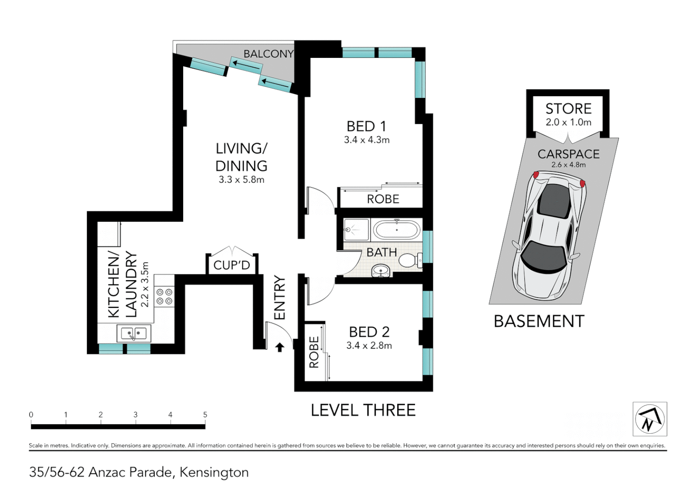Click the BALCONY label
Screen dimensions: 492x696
point(268,54)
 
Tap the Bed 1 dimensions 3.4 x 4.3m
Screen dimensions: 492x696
point(367,140)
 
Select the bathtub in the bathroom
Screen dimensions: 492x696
point(396,230)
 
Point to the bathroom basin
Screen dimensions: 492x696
point(381,272)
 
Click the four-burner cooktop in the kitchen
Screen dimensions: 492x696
point(164,297)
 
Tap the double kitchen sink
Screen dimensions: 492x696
point(133,334)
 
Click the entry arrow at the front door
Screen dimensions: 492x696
point(280,348)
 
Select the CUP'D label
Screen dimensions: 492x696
point(231,265)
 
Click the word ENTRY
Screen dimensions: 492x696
point(279,298)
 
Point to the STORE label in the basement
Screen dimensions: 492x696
point(568,109)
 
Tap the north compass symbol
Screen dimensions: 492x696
point(650,419)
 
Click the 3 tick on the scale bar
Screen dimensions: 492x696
point(135,415)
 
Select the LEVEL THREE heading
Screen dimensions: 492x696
point(363,410)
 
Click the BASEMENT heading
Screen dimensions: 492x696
point(539,322)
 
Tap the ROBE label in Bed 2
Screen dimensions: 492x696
point(314,352)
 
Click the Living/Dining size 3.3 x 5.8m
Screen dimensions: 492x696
point(241,180)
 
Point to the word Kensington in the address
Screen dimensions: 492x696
point(214,472)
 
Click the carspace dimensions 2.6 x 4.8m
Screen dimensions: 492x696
point(568,165)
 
